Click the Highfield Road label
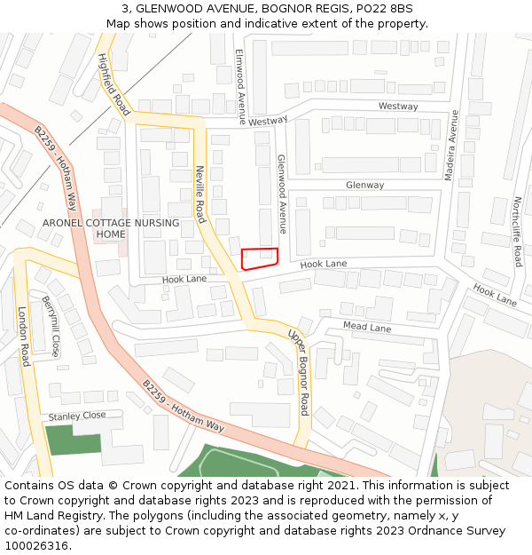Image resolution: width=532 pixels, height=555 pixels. [x=113, y=84]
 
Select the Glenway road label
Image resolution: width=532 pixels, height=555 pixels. [x=365, y=185]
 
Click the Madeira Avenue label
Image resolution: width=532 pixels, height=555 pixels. [x=450, y=146]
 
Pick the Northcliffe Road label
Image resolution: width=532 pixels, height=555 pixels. [x=518, y=232]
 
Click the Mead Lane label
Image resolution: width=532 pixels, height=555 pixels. [x=367, y=327]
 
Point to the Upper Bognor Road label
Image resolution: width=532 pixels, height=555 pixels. [x=298, y=371]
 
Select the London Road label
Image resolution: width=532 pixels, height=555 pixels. [x=24, y=337]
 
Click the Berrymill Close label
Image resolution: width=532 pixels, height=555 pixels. [x=51, y=326]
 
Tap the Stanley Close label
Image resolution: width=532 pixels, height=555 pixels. [x=77, y=416]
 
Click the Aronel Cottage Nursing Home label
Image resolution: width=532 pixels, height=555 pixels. [x=111, y=228]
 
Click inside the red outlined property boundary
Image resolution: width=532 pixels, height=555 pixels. [x=259, y=258]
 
